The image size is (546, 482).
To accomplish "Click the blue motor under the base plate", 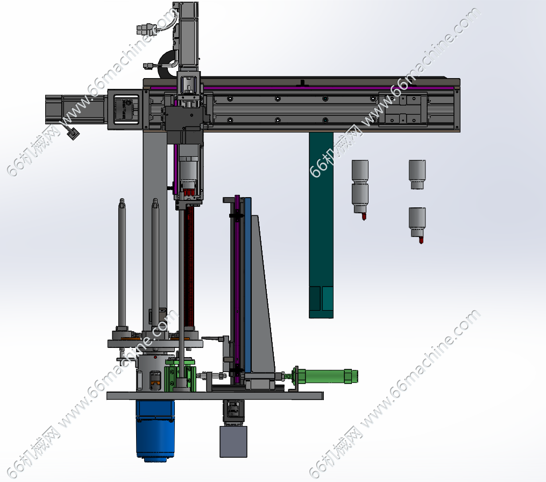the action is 155,430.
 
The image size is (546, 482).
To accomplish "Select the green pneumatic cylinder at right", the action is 325,376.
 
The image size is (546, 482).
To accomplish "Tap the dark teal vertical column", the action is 321,225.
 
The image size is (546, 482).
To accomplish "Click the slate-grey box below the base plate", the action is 233,442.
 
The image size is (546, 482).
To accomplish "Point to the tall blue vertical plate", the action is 247,284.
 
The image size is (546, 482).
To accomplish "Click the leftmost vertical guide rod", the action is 122,263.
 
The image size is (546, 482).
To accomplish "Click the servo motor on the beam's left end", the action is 76,109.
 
